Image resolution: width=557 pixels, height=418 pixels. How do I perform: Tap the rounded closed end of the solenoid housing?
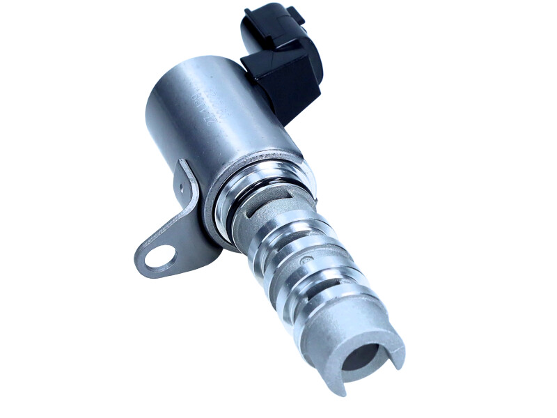point(157,104)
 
